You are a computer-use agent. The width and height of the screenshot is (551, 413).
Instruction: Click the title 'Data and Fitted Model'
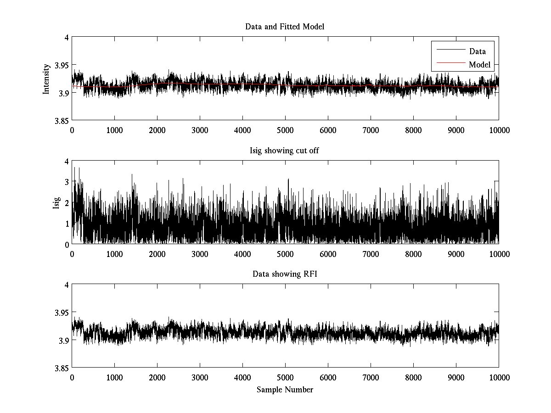(285, 27)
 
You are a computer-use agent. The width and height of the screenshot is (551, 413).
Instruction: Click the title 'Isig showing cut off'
(285, 151)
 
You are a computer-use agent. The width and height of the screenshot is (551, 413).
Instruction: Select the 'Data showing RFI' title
(285, 274)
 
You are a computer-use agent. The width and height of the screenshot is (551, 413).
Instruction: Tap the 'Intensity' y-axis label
(46, 79)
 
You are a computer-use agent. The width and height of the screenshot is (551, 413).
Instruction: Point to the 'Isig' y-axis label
(56, 202)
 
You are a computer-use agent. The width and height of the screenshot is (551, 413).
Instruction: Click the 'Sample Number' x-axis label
(285, 390)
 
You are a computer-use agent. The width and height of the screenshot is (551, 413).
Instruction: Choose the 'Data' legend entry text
(477, 51)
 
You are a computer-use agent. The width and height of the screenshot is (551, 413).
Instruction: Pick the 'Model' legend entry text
(479, 65)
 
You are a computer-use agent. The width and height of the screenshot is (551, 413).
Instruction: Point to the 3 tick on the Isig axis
(67, 182)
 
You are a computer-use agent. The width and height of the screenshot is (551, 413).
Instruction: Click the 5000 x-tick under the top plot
(285, 130)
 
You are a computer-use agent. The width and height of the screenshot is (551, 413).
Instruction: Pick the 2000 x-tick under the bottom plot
(157, 378)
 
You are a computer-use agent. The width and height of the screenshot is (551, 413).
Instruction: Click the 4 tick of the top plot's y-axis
(67, 38)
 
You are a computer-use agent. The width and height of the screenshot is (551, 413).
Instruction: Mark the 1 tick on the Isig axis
(67, 223)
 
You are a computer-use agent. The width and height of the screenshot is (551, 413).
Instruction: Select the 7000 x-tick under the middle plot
(371, 254)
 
